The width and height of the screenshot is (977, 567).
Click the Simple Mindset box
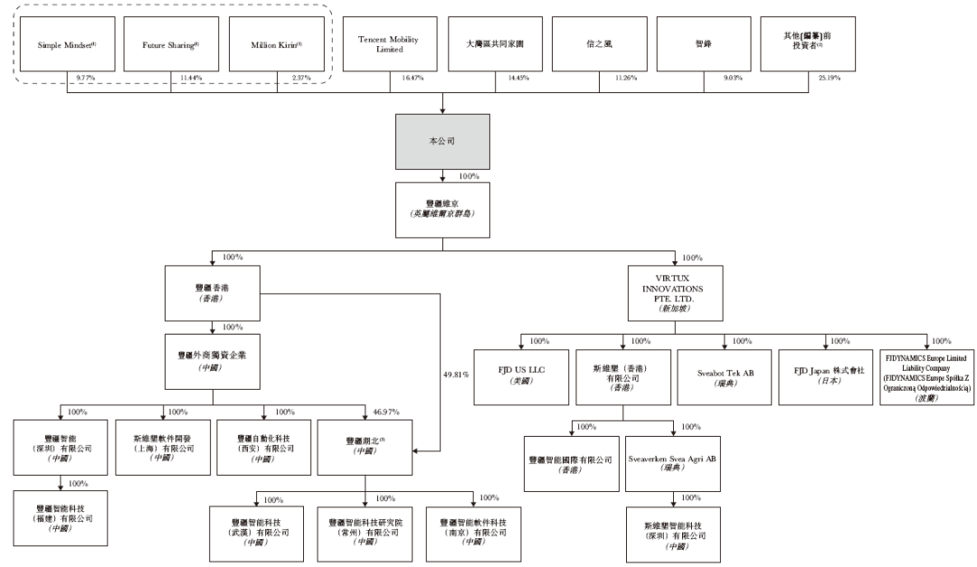[67, 43]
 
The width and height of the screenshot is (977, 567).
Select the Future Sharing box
[171, 43]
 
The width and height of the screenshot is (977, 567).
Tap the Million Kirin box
[276, 43]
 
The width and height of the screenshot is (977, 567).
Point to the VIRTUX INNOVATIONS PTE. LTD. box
[673, 292]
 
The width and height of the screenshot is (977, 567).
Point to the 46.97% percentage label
[386, 411]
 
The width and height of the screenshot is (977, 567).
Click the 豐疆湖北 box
[365, 446]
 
